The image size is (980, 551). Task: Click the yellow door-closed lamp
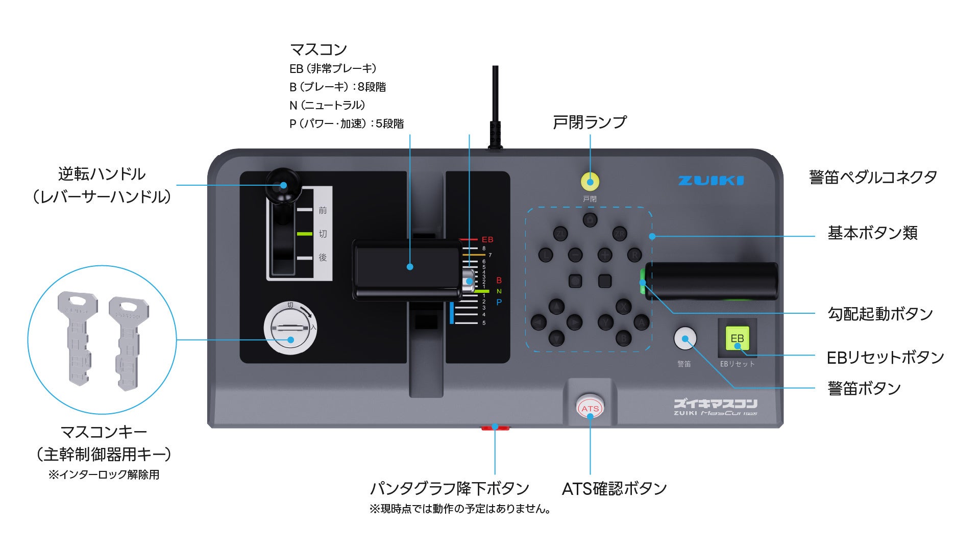click(590, 182)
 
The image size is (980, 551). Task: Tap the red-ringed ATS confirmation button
click(590, 408)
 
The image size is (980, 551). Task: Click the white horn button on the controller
click(685, 338)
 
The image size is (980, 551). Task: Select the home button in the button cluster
click(590, 220)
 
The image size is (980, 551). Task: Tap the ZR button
click(619, 234)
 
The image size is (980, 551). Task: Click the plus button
click(605, 254)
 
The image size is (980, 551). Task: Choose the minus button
click(575, 254)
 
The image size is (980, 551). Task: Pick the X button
click(623, 307)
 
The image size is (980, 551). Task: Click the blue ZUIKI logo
click(710, 181)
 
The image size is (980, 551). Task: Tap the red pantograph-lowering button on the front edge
click(495, 428)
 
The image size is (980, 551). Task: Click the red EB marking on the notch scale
click(487, 239)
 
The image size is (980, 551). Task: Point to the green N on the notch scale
click(499, 291)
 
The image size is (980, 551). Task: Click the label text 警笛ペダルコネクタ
click(873, 178)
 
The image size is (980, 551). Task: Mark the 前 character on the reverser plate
click(323, 210)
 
